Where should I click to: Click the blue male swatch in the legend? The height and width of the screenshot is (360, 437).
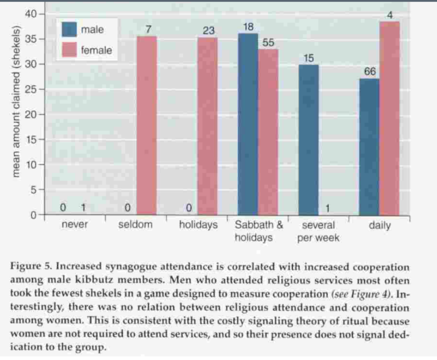pyautogui.click(x=69, y=30)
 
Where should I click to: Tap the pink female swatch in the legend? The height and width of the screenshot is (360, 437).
pyautogui.click(x=69, y=50)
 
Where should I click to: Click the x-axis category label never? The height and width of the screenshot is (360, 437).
pyautogui.click(x=75, y=225)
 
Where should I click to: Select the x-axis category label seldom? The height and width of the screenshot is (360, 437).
pyautogui.click(x=135, y=225)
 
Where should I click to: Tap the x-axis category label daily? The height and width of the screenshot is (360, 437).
pyautogui.click(x=380, y=225)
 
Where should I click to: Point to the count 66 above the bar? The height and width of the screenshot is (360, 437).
pyautogui.click(x=369, y=72)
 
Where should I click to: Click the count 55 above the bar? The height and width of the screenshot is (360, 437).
pyautogui.click(x=269, y=42)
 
